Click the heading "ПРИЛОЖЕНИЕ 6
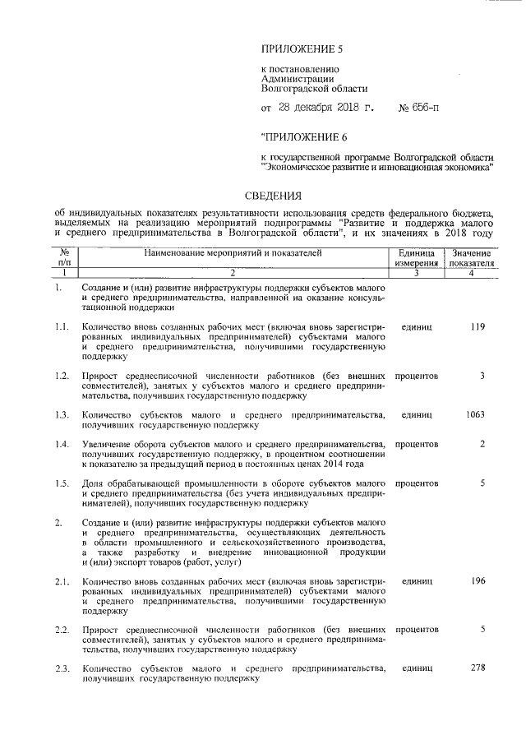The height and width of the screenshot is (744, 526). [303, 136]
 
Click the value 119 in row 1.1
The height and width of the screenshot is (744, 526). [476, 327]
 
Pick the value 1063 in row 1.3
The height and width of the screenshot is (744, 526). [474, 414]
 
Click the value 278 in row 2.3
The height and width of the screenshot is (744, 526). [476, 668]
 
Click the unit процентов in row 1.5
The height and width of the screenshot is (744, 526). [417, 483]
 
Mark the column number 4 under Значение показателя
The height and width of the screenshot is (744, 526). [471, 272]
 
